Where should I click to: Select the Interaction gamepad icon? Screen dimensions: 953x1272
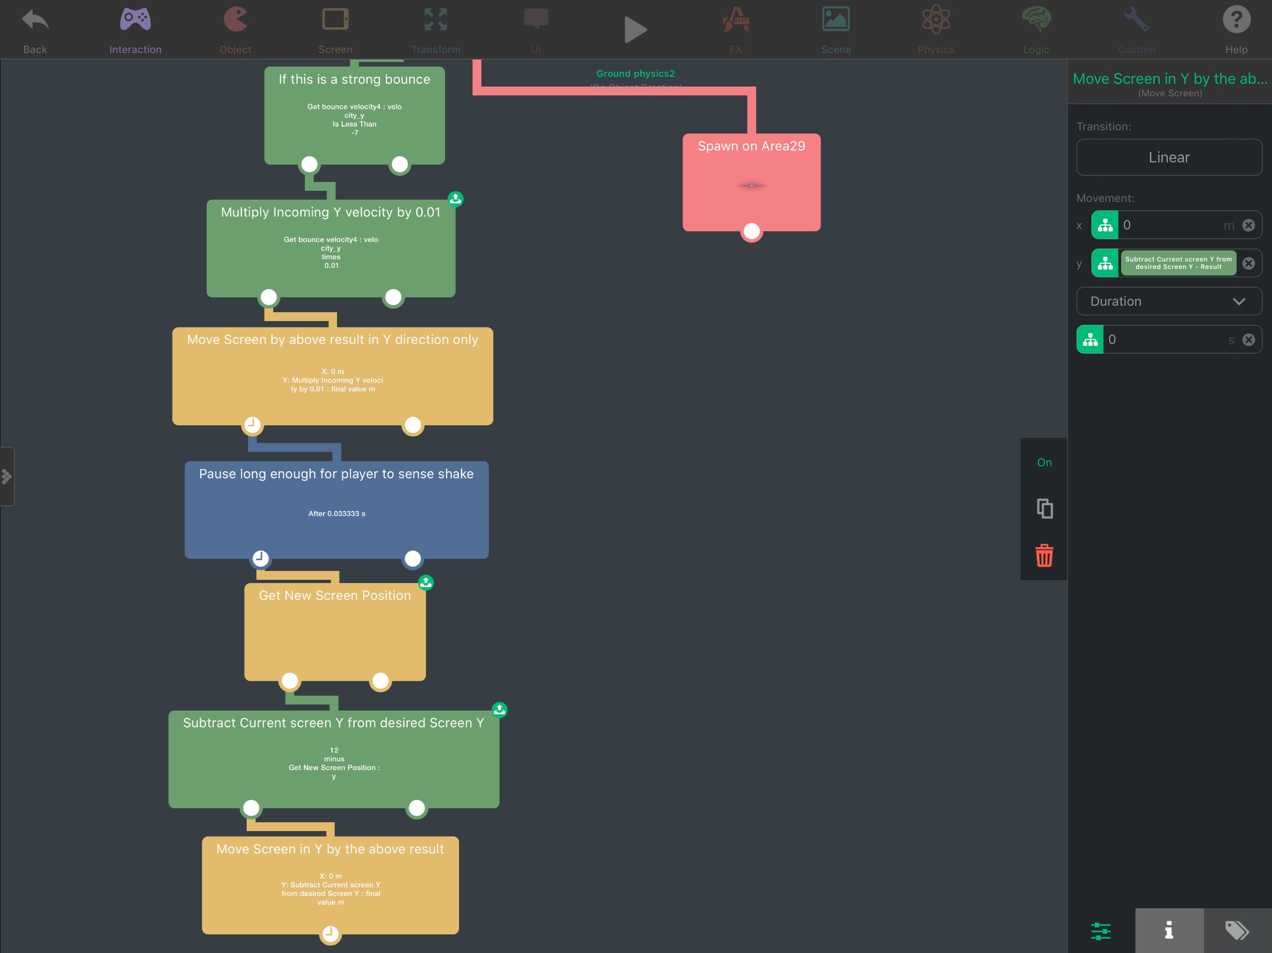135,20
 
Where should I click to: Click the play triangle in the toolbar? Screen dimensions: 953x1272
636,29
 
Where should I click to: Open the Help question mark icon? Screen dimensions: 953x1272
1236,20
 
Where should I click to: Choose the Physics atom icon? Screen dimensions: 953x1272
935,20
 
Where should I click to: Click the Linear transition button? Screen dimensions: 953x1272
1169,157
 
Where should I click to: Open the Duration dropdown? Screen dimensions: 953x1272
1169,301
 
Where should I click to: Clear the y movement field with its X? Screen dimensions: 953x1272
1248,263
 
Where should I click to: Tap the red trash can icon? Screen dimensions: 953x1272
1044,555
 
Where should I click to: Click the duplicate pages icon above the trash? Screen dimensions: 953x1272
1044,509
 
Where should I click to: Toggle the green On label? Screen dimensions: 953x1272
1044,462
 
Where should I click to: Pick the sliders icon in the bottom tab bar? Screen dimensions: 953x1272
1101,930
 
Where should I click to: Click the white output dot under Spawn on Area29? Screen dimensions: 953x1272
751,231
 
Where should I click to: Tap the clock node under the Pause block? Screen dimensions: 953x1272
260,557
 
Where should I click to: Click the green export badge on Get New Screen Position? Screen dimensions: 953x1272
426,582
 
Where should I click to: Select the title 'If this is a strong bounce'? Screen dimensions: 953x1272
354,79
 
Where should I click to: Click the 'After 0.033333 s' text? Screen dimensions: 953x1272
337,513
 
